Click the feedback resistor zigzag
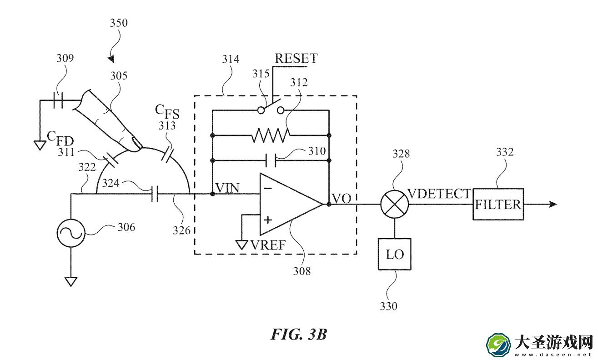pyautogui.click(x=271, y=135)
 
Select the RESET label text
pyautogui.click(x=296, y=58)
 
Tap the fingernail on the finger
pyautogui.click(x=137, y=143)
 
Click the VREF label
pyautogui.click(x=268, y=245)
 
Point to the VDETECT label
pyautogui.click(x=439, y=194)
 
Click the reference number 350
pyautogui.click(x=119, y=23)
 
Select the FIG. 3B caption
pyautogui.click(x=299, y=334)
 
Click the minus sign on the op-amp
pyautogui.click(x=268, y=188)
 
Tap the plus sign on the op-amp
pyautogui.click(x=268, y=220)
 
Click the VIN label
pyautogui.click(x=227, y=188)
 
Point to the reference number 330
pyautogui.click(x=388, y=306)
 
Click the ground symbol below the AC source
pyautogui.click(x=71, y=282)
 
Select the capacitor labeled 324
pyautogui.click(x=154, y=194)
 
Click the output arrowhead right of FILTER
pyautogui.click(x=553, y=205)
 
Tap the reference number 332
pyautogui.click(x=505, y=152)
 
